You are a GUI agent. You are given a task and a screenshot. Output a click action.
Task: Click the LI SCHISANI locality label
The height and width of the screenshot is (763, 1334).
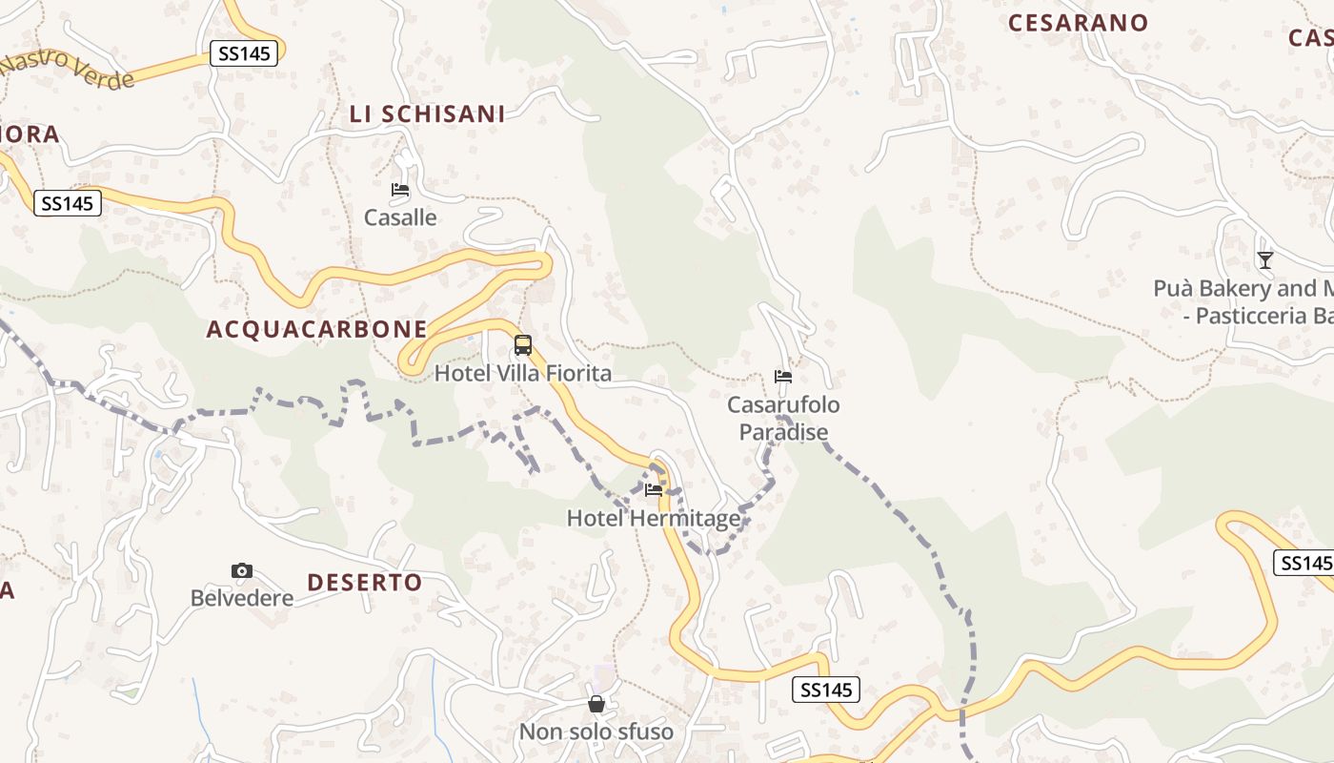pyautogui.click(x=427, y=113)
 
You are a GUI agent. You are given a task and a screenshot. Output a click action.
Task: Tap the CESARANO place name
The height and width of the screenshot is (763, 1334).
pyautogui.click(x=1078, y=23)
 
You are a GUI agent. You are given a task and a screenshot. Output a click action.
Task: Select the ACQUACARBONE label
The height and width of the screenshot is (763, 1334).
pyautogui.click(x=316, y=329)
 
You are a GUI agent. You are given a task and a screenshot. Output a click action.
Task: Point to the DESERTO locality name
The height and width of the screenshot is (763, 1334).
pyautogui.click(x=364, y=582)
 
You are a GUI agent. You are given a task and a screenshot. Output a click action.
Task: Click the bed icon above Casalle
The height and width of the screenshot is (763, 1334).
pyautogui.click(x=400, y=190)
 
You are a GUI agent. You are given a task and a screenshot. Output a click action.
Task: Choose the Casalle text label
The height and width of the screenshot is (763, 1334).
pyautogui.click(x=400, y=217)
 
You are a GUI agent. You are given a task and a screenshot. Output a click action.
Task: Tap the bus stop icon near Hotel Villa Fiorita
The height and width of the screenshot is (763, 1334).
pyautogui.click(x=522, y=345)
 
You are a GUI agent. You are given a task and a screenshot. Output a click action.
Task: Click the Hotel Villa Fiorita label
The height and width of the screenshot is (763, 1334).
pyautogui.click(x=522, y=373)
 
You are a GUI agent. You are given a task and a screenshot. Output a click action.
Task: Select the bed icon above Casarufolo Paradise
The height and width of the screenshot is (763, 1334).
pyautogui.click(x=783, y=377)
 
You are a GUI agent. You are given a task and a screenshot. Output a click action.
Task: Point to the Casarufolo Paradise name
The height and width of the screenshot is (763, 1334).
pyautogui.click(x=783, y=418)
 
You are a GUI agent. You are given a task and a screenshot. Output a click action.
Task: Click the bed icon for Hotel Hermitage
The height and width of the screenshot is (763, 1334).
pyautogui.click(x=654, y=490)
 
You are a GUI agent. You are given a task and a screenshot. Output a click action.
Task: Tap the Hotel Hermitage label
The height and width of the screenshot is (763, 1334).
pyautogui.click(x=654, y=518)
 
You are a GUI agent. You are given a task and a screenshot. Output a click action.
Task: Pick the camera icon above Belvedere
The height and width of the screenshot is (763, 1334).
pyautogui.click(x=242, y=570)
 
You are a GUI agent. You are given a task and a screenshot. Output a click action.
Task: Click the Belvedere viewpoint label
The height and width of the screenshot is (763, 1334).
pyautogui.click(x=242, y=598)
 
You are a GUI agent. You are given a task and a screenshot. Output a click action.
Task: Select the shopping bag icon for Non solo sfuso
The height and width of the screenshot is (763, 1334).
pyautogui.click(x=596, y=704)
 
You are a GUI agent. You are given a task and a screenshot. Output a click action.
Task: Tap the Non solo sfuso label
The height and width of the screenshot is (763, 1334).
pyautogui.click(x=596, y=732)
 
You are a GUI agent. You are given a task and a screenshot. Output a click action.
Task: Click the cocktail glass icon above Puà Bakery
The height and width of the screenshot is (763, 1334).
pyautogui.click(x=1264, y=259)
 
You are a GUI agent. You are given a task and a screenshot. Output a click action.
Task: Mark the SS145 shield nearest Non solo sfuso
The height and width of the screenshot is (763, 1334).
pyautogui.click(x=825, y=690)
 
